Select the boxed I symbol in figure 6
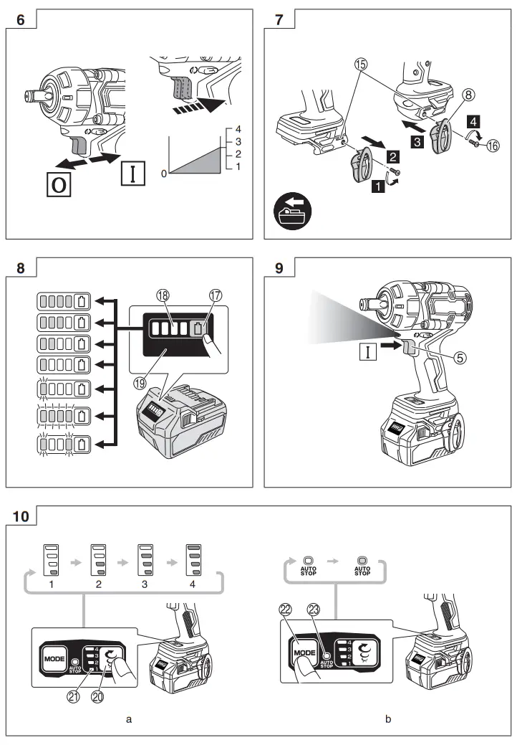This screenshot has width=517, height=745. pyautogui.click(x=132, y=174)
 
